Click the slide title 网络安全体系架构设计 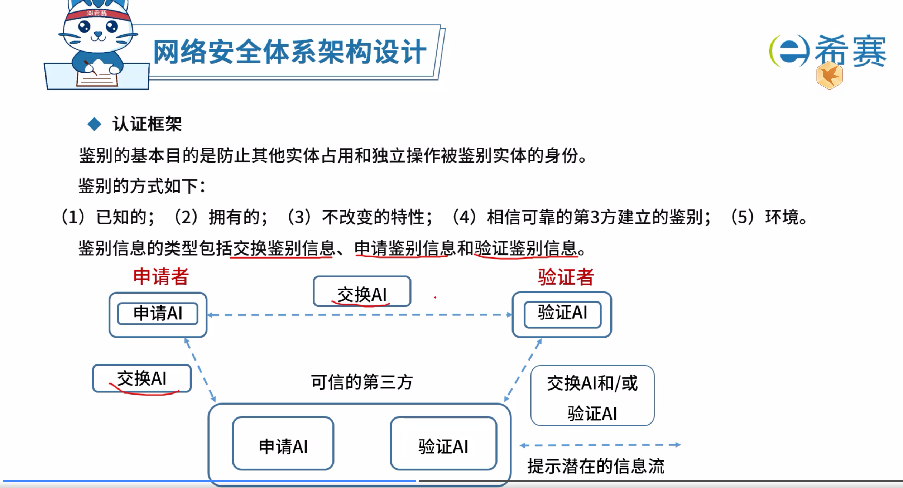point(289,52)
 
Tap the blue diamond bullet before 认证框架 point(95,124)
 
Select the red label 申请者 point(161,277)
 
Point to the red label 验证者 point(566,277)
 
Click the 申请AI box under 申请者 point(158,314)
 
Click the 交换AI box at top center point(362,291)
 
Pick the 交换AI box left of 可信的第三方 point(142,378)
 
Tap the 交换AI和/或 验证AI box point(592,396)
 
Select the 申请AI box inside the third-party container point(283,443)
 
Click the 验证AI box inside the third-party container point(443,443)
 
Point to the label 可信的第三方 point(362,382)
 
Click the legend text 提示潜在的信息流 point(596,466)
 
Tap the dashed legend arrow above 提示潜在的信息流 point(600,445)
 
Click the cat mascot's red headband point(97,14)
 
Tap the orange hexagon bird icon point(830,76)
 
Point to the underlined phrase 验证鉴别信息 point(526,248)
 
